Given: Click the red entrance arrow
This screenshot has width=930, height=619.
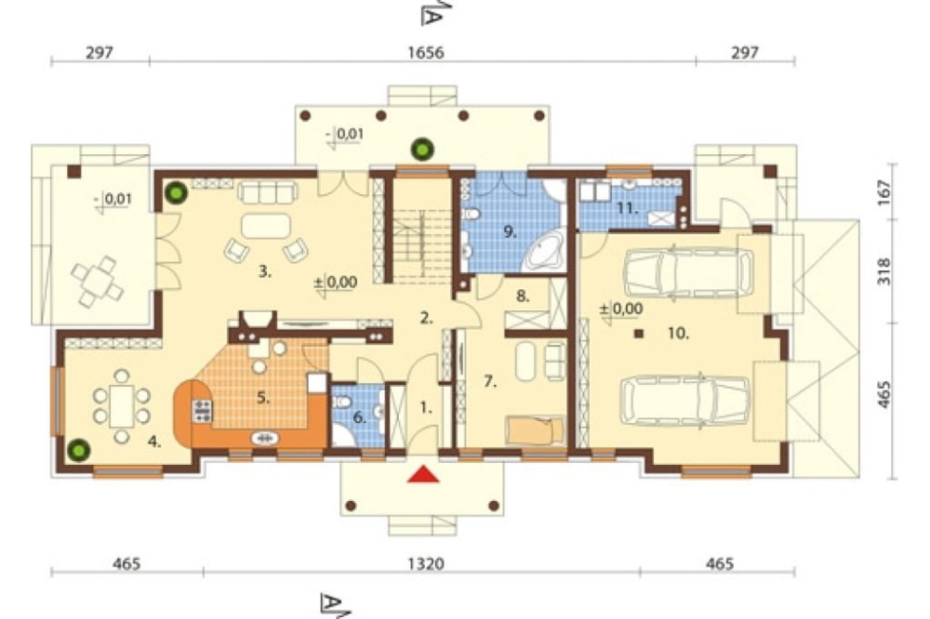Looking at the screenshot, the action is (x=423, y=474).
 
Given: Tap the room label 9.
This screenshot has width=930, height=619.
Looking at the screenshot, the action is (x=510, y=231).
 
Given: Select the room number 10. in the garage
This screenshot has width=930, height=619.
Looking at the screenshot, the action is (x=679, y=334).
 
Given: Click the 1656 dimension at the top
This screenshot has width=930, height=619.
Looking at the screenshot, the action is (x=426, y=52).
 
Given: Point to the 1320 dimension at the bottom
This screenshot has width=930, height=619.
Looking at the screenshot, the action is (x=426, y=563).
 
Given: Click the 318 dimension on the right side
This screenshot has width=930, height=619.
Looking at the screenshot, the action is (x=883, y=271).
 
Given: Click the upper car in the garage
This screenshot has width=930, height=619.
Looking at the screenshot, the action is (x=688, y=272).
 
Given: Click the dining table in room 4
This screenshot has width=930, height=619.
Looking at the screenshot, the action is (x=122, y=406).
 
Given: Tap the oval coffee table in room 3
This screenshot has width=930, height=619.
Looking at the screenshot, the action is (x=266, y=225).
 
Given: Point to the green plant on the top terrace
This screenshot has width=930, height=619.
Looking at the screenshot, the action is (x=423, y=149).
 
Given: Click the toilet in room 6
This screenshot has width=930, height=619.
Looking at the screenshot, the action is (x=341, y=402).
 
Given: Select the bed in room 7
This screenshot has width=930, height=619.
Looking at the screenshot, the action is (x=535, y=429).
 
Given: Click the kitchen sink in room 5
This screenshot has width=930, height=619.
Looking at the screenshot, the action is (x=266, y=438).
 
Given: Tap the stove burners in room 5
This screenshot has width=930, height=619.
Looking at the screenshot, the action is (x=202, y=411).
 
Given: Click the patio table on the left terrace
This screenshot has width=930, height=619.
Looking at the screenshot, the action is (x=97, y=282).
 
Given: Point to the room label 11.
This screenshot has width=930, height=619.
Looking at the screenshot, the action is (x=628, y=209).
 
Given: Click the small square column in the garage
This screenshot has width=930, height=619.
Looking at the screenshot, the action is (x=639, y=334).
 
